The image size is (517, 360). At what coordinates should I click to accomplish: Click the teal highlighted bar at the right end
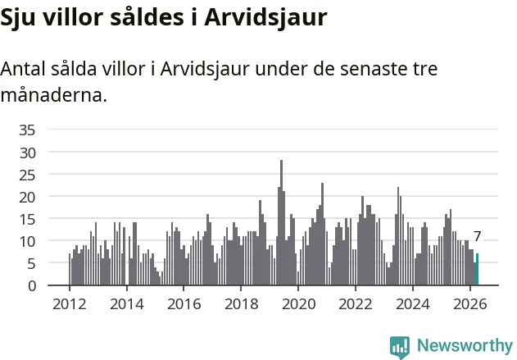(x=477, y=269)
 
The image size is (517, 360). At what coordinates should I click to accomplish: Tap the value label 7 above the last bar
(x=478, y=236)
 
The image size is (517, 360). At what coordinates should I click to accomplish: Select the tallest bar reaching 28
(x=281, y=222)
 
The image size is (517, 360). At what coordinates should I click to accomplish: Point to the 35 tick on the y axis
(x=27, y=130)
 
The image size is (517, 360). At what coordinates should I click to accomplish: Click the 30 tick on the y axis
(x=27, y=153)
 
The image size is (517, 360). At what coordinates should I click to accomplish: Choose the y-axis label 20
(x=27, y=198)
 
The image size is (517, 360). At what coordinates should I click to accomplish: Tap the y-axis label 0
(x=32, y=286)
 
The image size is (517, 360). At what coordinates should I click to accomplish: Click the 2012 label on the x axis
(x=70, y=304)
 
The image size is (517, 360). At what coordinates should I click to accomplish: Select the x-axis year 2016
(x=184, y=304)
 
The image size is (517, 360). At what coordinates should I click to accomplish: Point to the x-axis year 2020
(x=299, y=304)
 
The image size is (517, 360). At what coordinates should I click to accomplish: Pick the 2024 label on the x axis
(x=413, y=304)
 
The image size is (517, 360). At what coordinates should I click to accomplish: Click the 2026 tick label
(x=470, y=304)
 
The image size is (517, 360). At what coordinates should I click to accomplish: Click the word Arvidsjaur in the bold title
(x=265, y=18)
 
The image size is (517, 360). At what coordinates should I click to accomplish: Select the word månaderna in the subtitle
(x=54, y=95)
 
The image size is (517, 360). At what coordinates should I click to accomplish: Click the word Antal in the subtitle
(x=23, y=69)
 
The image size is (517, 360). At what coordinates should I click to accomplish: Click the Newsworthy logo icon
(x=400, y=348)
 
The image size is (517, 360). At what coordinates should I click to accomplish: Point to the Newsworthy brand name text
(x=465, y=345)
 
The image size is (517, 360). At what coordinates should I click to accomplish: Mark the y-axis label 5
(x=32, y=264)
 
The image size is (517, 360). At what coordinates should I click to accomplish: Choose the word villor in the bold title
(x=73, y=17)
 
